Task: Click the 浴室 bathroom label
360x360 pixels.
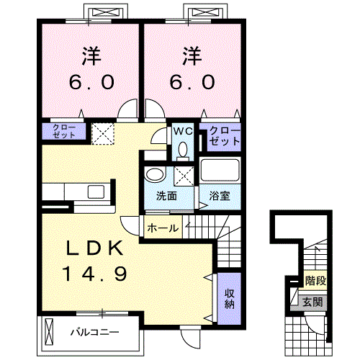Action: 220,197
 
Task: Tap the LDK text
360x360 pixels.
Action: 97,248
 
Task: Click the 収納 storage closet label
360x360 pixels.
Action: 230,299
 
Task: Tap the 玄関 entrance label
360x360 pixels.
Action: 312,302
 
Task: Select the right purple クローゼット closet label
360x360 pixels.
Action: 224,136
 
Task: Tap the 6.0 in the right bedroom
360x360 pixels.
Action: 191,82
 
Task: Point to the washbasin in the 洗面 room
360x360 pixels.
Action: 155,175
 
